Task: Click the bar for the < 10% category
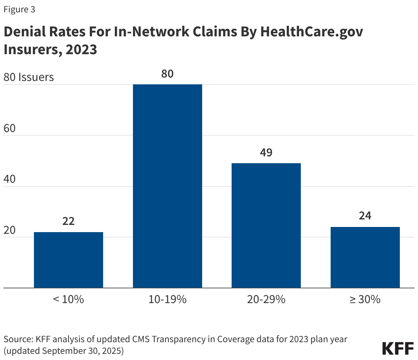click(x=69, y=260)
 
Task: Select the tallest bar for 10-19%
click(x=167, y=186)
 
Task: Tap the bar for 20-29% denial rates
click(x=266, y=225)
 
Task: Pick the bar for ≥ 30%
click(x=365, y=257)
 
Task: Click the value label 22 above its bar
click(x=69, y=221)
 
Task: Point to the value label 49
click(x=266, y=152)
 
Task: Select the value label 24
click(x=365, y=216)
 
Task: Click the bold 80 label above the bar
click(x=167, y=74)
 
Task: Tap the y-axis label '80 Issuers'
click(x=29, y=77)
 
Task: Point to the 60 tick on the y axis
click(x=10, y=128)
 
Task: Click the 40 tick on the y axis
click(x=10, y=179)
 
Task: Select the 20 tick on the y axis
click(x=10, y=230)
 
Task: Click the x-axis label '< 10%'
click(x=69, y=299)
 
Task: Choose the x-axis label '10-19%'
click(x=167, y=299)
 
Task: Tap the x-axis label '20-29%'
click(x=266, y=299)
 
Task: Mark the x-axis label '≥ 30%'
click(x=365, y=299)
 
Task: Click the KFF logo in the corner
click(x=398, y=348)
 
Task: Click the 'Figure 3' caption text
click(x=19, y=10)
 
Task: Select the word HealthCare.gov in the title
click(x=311, y=32)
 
